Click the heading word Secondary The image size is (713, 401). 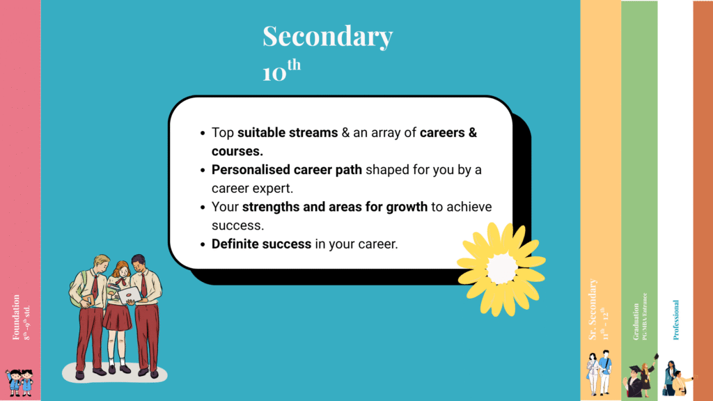(x=327, y=37)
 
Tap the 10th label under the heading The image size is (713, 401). (x=281, y=71)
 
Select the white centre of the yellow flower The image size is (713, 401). (x=501, y=268)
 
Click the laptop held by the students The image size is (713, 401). (x=129, y=296)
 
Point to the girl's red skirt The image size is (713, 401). (x=117, y=317)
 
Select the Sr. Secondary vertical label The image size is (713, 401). (x=593, y=310)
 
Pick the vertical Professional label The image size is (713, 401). (x=675, y=320)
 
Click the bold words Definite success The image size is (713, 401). (x=252, y=244)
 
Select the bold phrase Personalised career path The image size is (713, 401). (x=287, y=169)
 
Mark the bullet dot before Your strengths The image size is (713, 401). (x=202, y=207)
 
